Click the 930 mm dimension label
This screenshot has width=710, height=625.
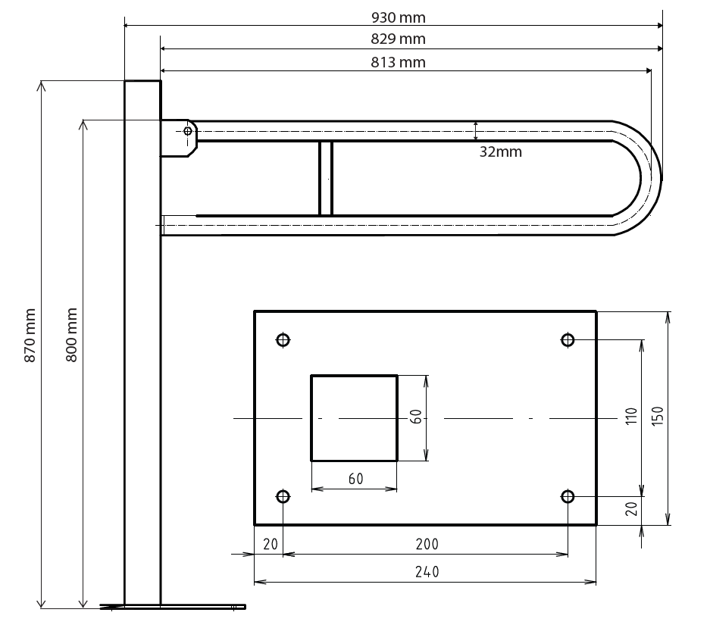[399, 16]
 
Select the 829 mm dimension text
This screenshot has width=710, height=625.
[399, 39]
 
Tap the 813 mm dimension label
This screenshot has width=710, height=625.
[399, 62]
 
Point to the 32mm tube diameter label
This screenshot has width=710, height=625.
[501, 152]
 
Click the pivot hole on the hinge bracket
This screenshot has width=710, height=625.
[188, 131]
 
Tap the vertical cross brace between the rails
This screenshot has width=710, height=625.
[326, 178]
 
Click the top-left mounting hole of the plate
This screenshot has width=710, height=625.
[283, 339]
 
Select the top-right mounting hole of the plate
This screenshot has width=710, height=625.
[568, 339]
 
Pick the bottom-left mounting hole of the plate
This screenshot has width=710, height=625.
[283, 497]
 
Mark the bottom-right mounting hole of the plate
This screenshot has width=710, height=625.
[568, 497]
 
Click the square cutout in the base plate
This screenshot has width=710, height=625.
[354, 417]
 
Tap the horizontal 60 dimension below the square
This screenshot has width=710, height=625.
[355, 479]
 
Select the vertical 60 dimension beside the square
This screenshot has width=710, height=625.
[416, 417]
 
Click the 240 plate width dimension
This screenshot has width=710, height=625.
[427, 572]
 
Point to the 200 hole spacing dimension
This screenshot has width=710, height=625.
[427, 544]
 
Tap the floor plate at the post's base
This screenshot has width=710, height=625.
[174, 606]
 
